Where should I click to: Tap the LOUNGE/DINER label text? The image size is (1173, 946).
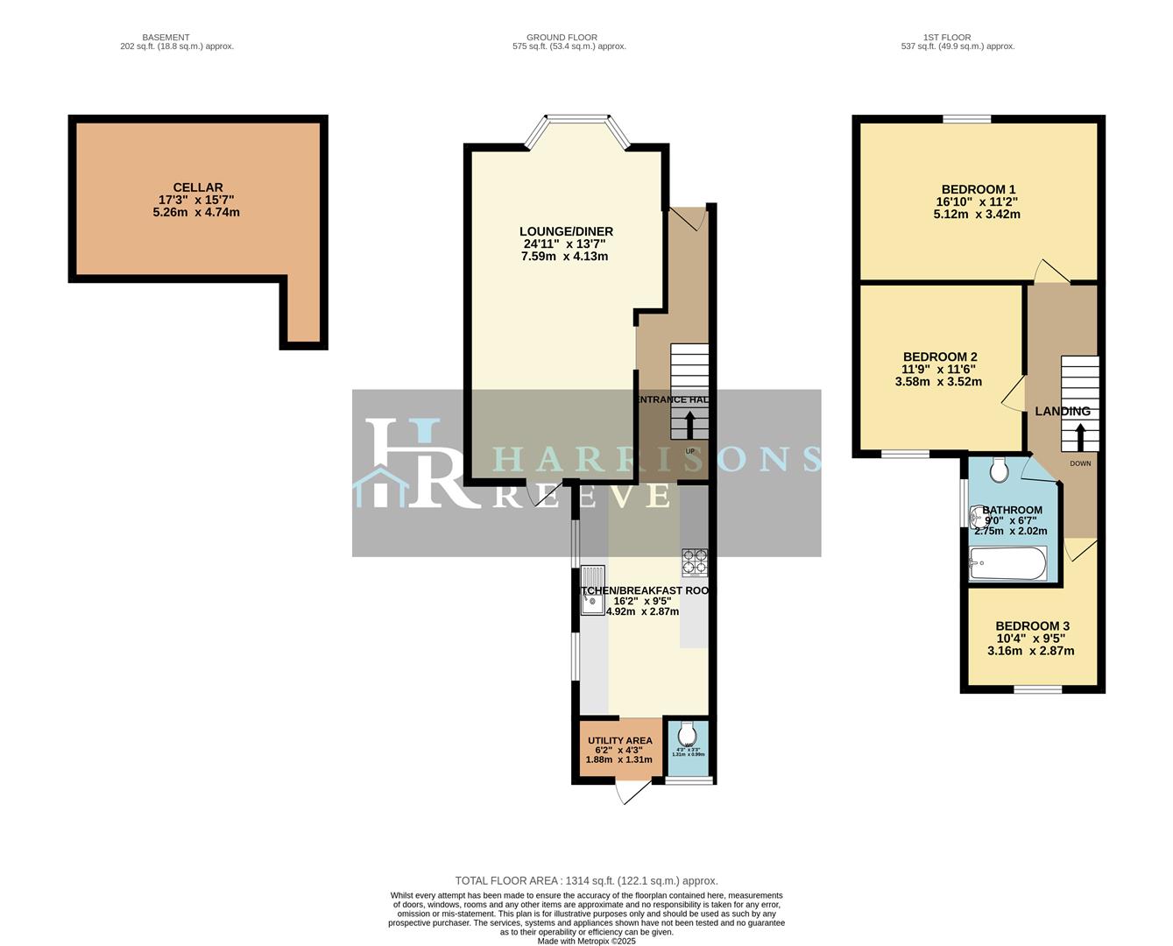(565, 231)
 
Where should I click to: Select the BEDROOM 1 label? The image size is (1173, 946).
(978, 189)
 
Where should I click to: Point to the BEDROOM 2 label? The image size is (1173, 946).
(939, 357)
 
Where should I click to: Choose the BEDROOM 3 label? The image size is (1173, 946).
(1032, 625)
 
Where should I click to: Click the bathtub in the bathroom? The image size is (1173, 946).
(1007, 563)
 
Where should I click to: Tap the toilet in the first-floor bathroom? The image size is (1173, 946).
(998, 471)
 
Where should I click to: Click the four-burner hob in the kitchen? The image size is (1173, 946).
(695, 562)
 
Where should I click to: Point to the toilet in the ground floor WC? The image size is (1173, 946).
(688, 732)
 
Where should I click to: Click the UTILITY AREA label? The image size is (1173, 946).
(619, 740)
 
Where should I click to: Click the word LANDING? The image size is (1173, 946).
(1063, 411)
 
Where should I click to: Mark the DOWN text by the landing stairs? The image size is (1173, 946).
(1080, 463)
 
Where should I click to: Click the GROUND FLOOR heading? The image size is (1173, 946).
(562, 38)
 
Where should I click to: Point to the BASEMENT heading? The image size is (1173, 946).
(166, 38)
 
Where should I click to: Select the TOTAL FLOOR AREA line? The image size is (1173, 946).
(586, 880)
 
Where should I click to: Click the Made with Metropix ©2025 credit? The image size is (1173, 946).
(586, 941)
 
